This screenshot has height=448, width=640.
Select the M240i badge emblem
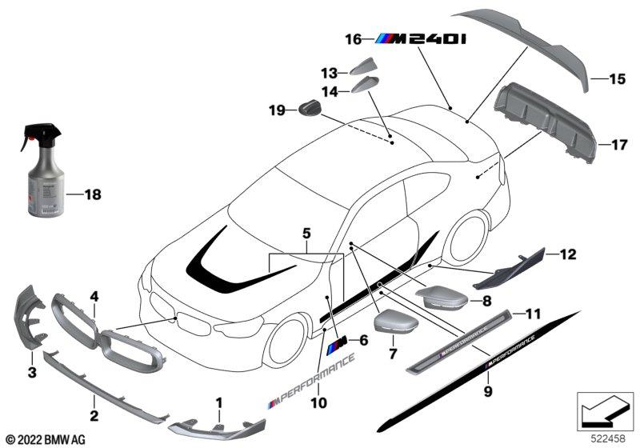[x=422, y=38]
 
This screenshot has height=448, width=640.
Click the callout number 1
[x=218, y=397]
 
